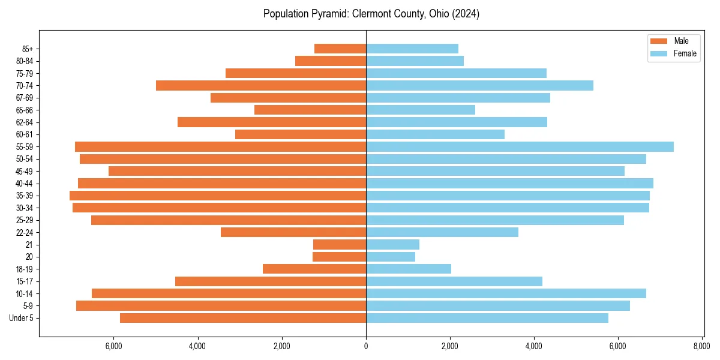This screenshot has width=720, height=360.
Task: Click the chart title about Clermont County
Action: click(x=371, y=14)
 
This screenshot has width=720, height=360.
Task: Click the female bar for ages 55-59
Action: click(x=520, y=146)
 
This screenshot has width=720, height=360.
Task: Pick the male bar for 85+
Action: click(x=340, y=49)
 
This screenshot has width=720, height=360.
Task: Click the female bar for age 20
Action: click(x=391, y=257)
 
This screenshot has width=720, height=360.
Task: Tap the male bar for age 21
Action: click(x=340, y=245)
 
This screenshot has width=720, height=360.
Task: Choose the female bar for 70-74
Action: click(x=479, y=85)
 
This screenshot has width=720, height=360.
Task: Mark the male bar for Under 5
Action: click(x=243, y=318)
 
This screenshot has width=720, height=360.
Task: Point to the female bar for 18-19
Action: click(x=409, y=269)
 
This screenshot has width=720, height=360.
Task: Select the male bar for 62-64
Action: click(x=272, y=122)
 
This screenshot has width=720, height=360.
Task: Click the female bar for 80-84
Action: click(x=415, y=61)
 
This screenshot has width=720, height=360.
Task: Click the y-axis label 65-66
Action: click(x=25, y=110)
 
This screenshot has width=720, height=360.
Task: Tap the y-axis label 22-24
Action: click(x=25, y=232)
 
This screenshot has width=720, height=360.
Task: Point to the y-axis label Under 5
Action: click(x=22, y=318)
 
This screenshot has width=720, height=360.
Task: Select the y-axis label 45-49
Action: click(x=25, y=171)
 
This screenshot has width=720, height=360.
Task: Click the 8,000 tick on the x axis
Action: click(x=702, y=346)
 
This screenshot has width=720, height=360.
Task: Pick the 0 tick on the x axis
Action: click(x=366, y=346)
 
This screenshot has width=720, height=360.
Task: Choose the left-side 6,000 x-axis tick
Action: click(x=113, y=346)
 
